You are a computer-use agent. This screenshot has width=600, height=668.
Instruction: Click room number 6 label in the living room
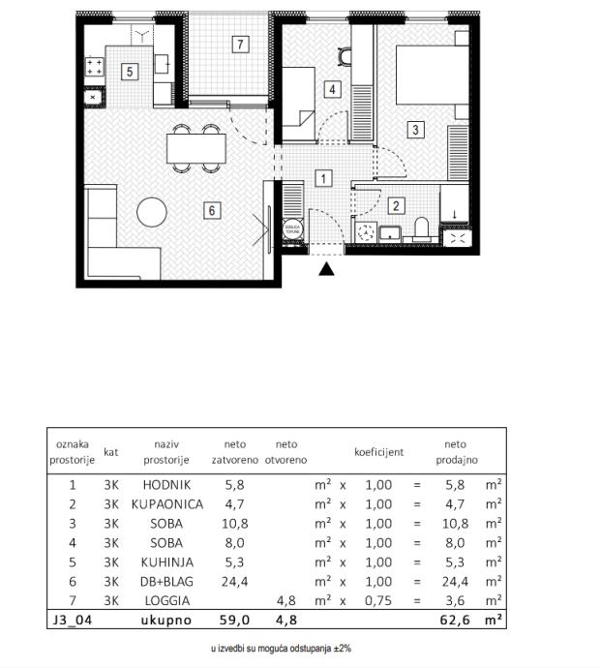pyautogui.click(x=212, y=209)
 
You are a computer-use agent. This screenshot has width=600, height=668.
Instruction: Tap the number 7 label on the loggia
pyautogui.click(x=239, y=44)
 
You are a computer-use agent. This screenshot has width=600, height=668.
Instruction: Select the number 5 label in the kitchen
pyautogui.click(x=129, y=70)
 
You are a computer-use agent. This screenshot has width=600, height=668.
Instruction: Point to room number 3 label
pyautogui.click(x=414, y=130)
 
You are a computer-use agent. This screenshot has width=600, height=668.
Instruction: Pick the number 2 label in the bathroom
pyautogui.click(x=396, y=205)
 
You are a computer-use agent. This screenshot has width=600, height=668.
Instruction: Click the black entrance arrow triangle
pyautogui.click(x=327, y=268)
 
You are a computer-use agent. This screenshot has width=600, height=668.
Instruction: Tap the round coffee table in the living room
pyautogui.click(x=153, y=212)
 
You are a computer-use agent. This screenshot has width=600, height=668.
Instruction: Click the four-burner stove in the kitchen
pyautogui.click(x=95, y=67)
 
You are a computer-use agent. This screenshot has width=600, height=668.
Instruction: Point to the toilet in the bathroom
pyautogui.click(x=421, y=228)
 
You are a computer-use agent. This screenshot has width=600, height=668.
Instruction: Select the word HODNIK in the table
pyautogui.click(x=166, y=484)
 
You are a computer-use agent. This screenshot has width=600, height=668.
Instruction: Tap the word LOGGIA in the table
pyautogui.click(x=166, y=600)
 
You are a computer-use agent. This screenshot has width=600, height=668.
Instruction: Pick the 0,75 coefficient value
pyautogui.click(x=378, y=600)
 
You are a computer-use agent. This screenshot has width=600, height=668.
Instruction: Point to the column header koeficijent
pyautogui.click(x=378, y=451)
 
